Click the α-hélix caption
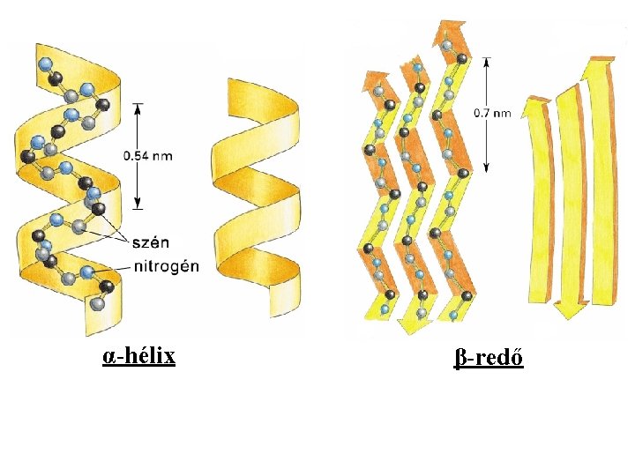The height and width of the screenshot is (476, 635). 138,356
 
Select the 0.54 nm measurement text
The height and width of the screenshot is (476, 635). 147,155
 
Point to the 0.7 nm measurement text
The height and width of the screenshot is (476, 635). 493,113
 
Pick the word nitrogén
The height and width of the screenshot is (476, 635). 167,265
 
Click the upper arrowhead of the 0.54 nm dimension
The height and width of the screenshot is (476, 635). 137,108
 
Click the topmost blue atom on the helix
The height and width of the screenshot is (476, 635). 46,63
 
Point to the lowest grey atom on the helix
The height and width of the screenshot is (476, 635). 96,303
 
